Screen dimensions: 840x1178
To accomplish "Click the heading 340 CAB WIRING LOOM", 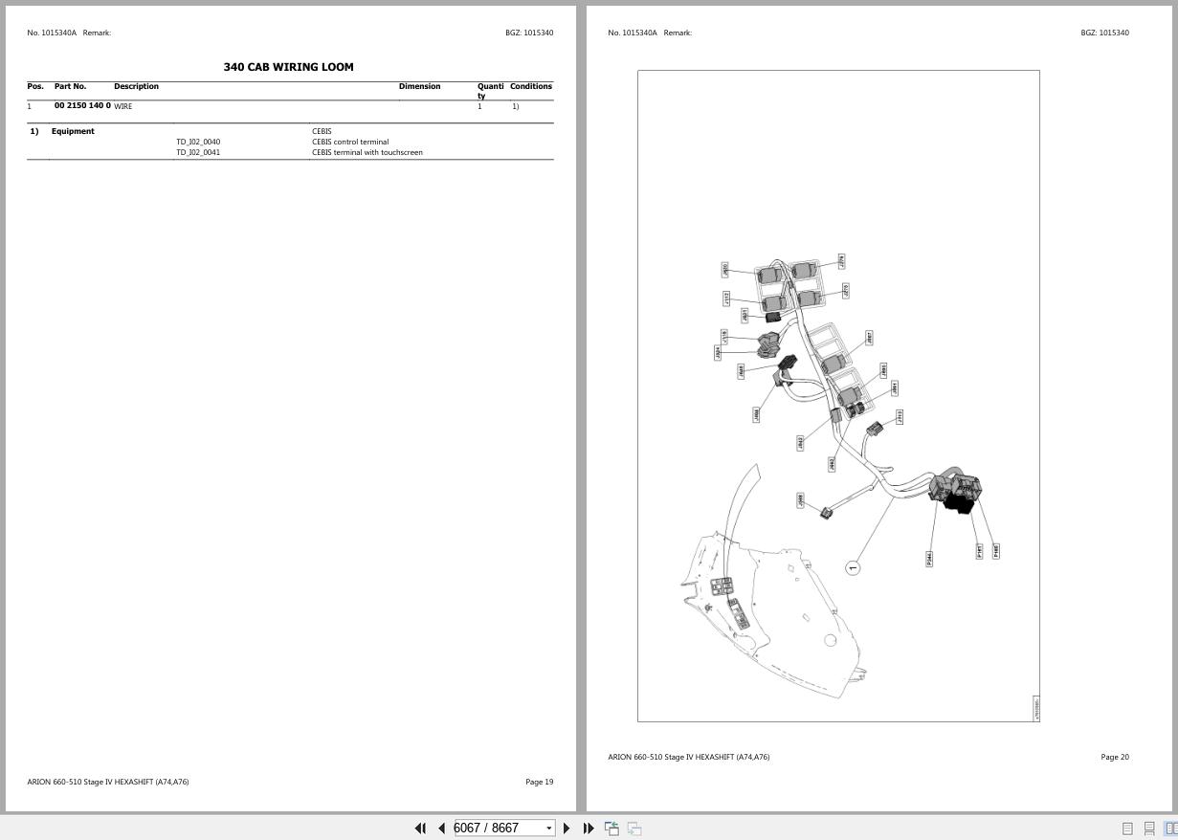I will pos(288,67).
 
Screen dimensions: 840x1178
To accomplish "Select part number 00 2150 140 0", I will pos(82,105).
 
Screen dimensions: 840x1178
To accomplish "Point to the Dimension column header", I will pos(419,86).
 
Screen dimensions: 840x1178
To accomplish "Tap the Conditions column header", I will pos(530,86).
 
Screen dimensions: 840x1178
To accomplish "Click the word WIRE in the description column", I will pos(123,106).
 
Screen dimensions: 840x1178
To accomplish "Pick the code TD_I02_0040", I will pos(198,142).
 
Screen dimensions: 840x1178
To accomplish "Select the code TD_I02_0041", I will pos(198,152).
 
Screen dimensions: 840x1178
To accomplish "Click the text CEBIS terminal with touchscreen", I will pos(367,152).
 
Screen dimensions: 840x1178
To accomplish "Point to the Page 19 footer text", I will pos(539,782).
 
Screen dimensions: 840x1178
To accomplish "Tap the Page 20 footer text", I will pos(1114,757).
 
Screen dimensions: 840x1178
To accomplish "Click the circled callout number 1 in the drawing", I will pos(853,567).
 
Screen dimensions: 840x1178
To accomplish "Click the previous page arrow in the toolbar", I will pos(441,828).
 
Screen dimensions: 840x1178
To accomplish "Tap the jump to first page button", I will pos(420,828).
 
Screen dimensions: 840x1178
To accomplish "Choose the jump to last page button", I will pos(589,828).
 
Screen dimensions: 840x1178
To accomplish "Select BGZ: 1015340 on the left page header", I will pos(528,33).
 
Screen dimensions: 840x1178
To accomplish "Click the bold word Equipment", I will pos(73,131).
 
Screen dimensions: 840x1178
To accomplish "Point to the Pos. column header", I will pos(35,86).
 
